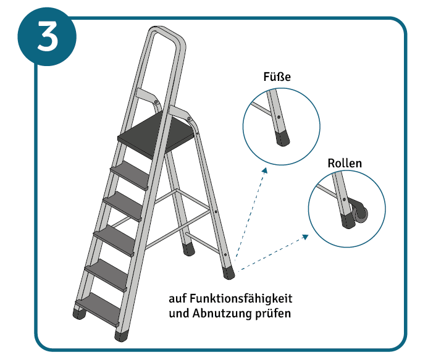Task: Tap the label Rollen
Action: [345, 164]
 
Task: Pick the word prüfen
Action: [275, 313]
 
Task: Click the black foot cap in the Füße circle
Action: [283, 138]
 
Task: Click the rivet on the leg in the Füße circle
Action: [279, 117]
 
